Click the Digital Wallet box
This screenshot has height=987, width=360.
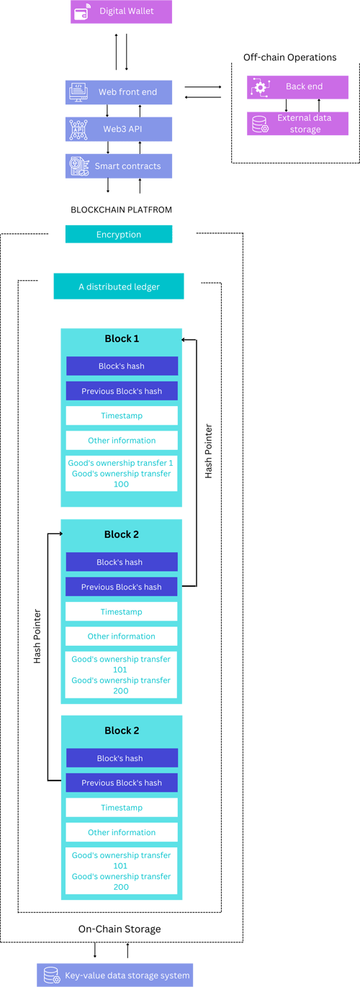121,12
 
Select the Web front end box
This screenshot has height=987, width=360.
119,92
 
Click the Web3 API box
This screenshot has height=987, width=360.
119,129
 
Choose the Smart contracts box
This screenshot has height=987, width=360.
119,166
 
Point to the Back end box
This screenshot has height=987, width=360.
297,87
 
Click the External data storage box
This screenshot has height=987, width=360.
297,123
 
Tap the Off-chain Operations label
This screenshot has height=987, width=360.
290,58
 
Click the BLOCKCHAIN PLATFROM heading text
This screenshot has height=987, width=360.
121,209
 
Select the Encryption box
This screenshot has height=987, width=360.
119,234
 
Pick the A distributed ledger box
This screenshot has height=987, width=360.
119,287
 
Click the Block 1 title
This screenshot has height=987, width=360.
122,338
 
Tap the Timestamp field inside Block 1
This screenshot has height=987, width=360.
122,415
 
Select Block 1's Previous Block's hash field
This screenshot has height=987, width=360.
122,391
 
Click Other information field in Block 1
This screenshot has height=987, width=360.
122,440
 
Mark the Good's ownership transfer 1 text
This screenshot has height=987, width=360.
120,463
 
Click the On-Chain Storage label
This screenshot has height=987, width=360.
120,929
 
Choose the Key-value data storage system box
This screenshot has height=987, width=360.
115,975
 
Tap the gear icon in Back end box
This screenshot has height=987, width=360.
261,87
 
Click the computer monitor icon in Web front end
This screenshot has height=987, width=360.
78,92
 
